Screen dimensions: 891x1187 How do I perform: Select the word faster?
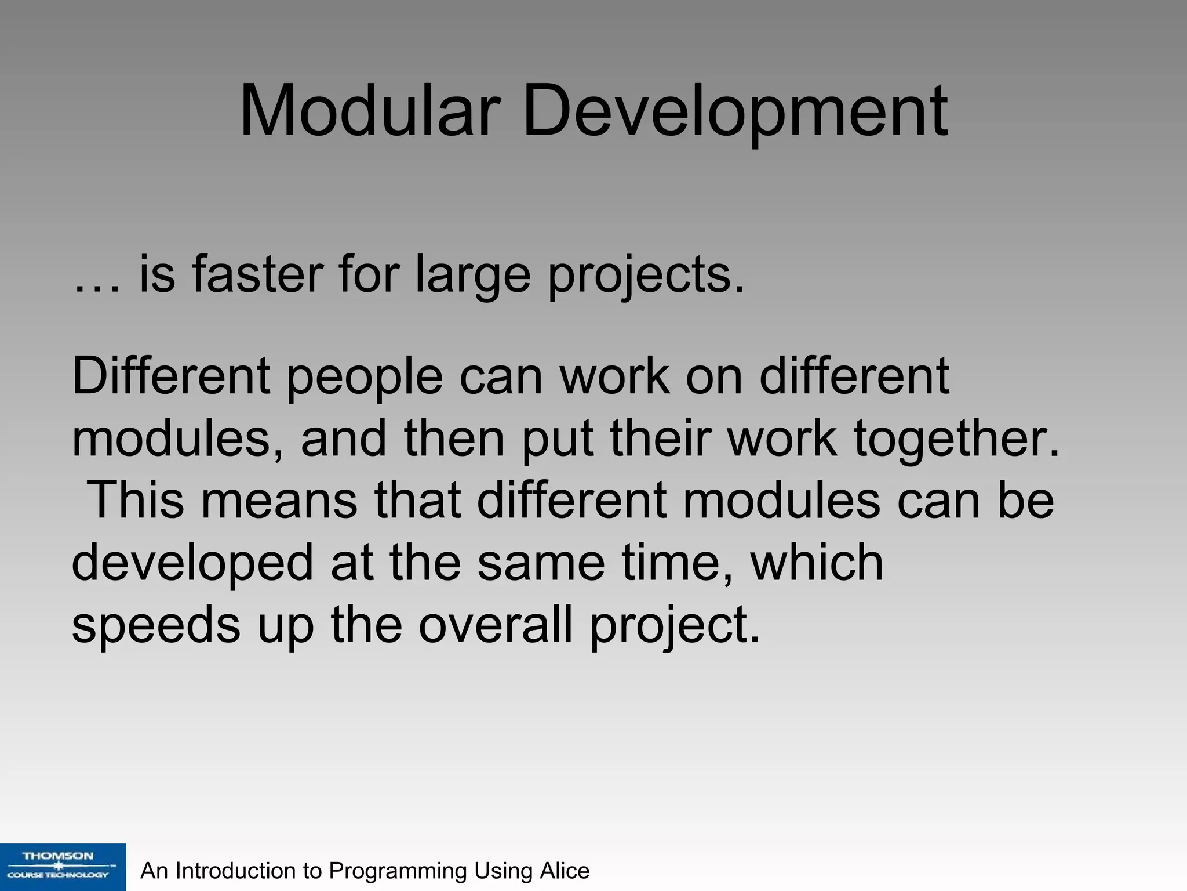(x=257, y=275)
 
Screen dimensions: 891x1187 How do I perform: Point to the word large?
(x=472, y=275)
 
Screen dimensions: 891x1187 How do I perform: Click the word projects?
(x=645, y=275)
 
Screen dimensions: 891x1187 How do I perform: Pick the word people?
(x=365, y=377)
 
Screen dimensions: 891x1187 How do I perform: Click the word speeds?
(x=156, y=625)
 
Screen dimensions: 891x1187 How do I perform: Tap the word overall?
(x=495, y=625)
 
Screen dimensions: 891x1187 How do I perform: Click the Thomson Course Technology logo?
(x=62, y=866)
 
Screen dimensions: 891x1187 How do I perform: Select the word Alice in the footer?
(x=565, y=871)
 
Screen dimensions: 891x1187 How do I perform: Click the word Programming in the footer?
(x=398, y=871)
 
